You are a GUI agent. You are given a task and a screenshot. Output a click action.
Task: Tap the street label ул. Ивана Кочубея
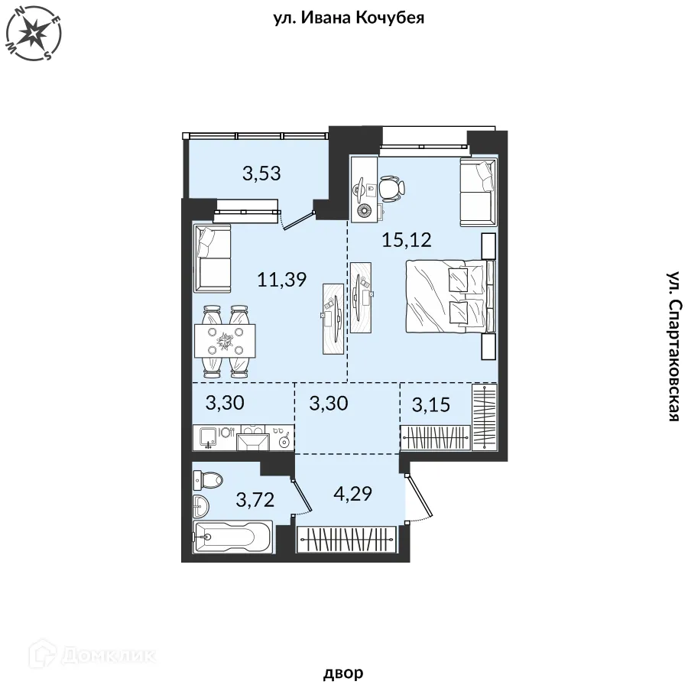[349, 18]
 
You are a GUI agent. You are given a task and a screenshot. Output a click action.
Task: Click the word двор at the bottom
[343, 673]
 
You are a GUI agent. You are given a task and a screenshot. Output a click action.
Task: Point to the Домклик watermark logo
[92, 654]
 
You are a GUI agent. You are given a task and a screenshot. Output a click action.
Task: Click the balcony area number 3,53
[261, 174]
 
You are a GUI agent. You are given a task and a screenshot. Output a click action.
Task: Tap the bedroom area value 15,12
[407, 240]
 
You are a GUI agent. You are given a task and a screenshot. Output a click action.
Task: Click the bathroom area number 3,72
[255, 500]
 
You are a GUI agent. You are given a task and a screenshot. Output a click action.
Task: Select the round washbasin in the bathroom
[200, 505]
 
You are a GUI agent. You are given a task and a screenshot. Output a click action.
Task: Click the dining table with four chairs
[225, 341]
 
